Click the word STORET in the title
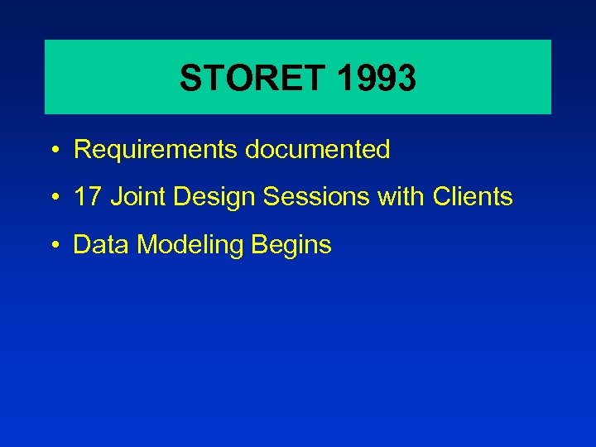(253, 79)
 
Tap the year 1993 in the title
(377, 79)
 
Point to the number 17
(87, 197)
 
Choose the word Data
(100, 245)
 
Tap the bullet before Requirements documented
(53, 151)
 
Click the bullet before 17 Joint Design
(53, 199)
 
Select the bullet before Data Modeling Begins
(53, 246)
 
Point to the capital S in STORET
(190, 79)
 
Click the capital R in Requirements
(82, 150)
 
